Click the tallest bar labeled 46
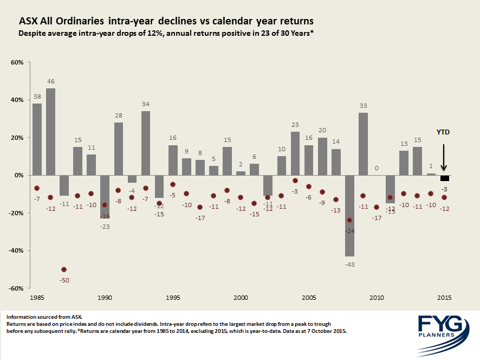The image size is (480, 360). click(x=50, y=132)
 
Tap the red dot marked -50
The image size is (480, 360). click(x=64, y=269)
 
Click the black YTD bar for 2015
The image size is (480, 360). click(x=444, y=178)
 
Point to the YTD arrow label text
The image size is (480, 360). click(x=444, y=132)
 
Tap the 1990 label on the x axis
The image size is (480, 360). click(x=105, y=298)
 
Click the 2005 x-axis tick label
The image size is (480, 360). click(x=309, y=298)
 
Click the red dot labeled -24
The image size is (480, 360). click(x=349, y=220)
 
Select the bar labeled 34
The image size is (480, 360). click(x=146, y=143)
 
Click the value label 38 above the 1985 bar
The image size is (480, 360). click(x=37, y=97)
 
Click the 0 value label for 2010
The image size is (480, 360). click(x=377, y=168)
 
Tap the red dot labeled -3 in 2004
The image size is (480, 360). click(x=295, y=181)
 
